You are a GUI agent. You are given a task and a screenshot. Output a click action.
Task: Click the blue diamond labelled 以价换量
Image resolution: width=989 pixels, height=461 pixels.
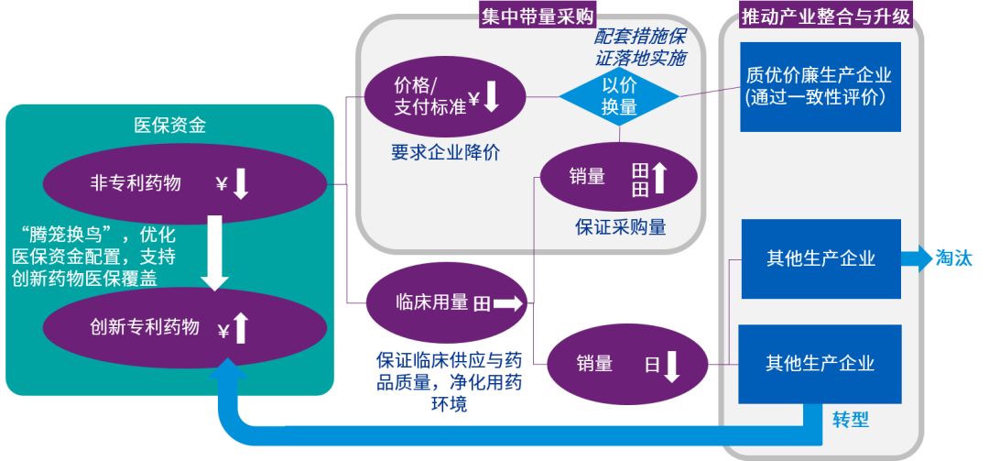click(x=619, y=95)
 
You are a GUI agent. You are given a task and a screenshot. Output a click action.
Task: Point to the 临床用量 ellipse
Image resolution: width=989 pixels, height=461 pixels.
click(x=447, y=302)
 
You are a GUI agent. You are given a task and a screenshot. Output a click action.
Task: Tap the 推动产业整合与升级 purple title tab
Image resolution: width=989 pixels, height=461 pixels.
click(x=821, y=14)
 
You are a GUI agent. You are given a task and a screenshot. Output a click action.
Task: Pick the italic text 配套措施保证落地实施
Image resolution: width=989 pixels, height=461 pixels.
click(x=641, y=48)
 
